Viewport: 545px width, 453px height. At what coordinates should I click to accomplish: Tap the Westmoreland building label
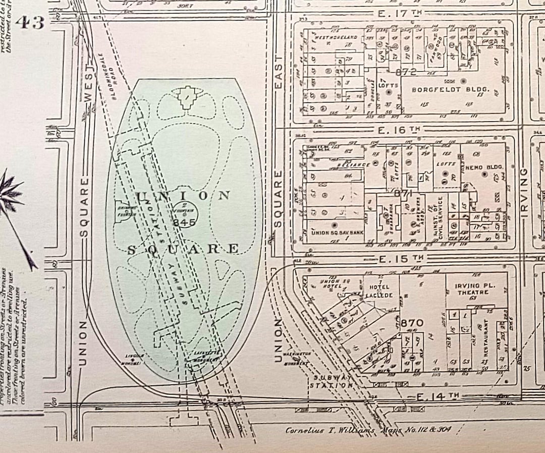click(x=336, y=38)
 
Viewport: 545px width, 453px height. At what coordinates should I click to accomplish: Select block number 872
click(x=406, y=72)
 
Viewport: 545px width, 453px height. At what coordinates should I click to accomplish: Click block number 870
click(x=412, y=322)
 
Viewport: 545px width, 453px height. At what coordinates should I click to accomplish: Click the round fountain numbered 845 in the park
click(x=185, y=216)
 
